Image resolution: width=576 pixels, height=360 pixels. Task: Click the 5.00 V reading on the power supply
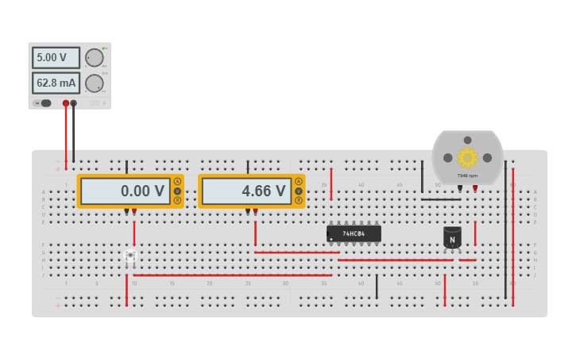(56, 58)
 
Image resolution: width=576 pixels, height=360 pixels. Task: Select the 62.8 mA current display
(56, 83)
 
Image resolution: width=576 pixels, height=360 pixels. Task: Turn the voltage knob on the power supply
(95, 57)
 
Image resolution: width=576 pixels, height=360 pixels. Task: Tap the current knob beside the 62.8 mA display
(95, 83)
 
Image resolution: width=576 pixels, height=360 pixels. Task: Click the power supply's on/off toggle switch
(44, 103)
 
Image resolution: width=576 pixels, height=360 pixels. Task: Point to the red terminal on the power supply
(66, 103)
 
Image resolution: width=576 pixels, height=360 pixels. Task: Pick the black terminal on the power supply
(74, 103)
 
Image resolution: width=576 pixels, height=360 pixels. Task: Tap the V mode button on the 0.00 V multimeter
(177, 191)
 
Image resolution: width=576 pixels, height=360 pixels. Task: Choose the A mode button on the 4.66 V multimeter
(299, 182)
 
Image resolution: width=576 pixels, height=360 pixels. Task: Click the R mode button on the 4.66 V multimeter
(299, 200)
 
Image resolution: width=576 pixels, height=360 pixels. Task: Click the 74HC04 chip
(354, 234)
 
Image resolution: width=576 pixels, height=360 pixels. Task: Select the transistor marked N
(452, 238)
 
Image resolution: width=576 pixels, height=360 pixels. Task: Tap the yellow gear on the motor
(467, 157)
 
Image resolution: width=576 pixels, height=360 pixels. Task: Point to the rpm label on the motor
(467, 176)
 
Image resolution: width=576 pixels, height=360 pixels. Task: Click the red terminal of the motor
(475, 188)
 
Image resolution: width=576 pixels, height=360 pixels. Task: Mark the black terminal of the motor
(460, 188)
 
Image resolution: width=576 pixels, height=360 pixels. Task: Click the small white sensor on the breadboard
(130, 256)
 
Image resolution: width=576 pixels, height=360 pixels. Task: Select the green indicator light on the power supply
(103, 48)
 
